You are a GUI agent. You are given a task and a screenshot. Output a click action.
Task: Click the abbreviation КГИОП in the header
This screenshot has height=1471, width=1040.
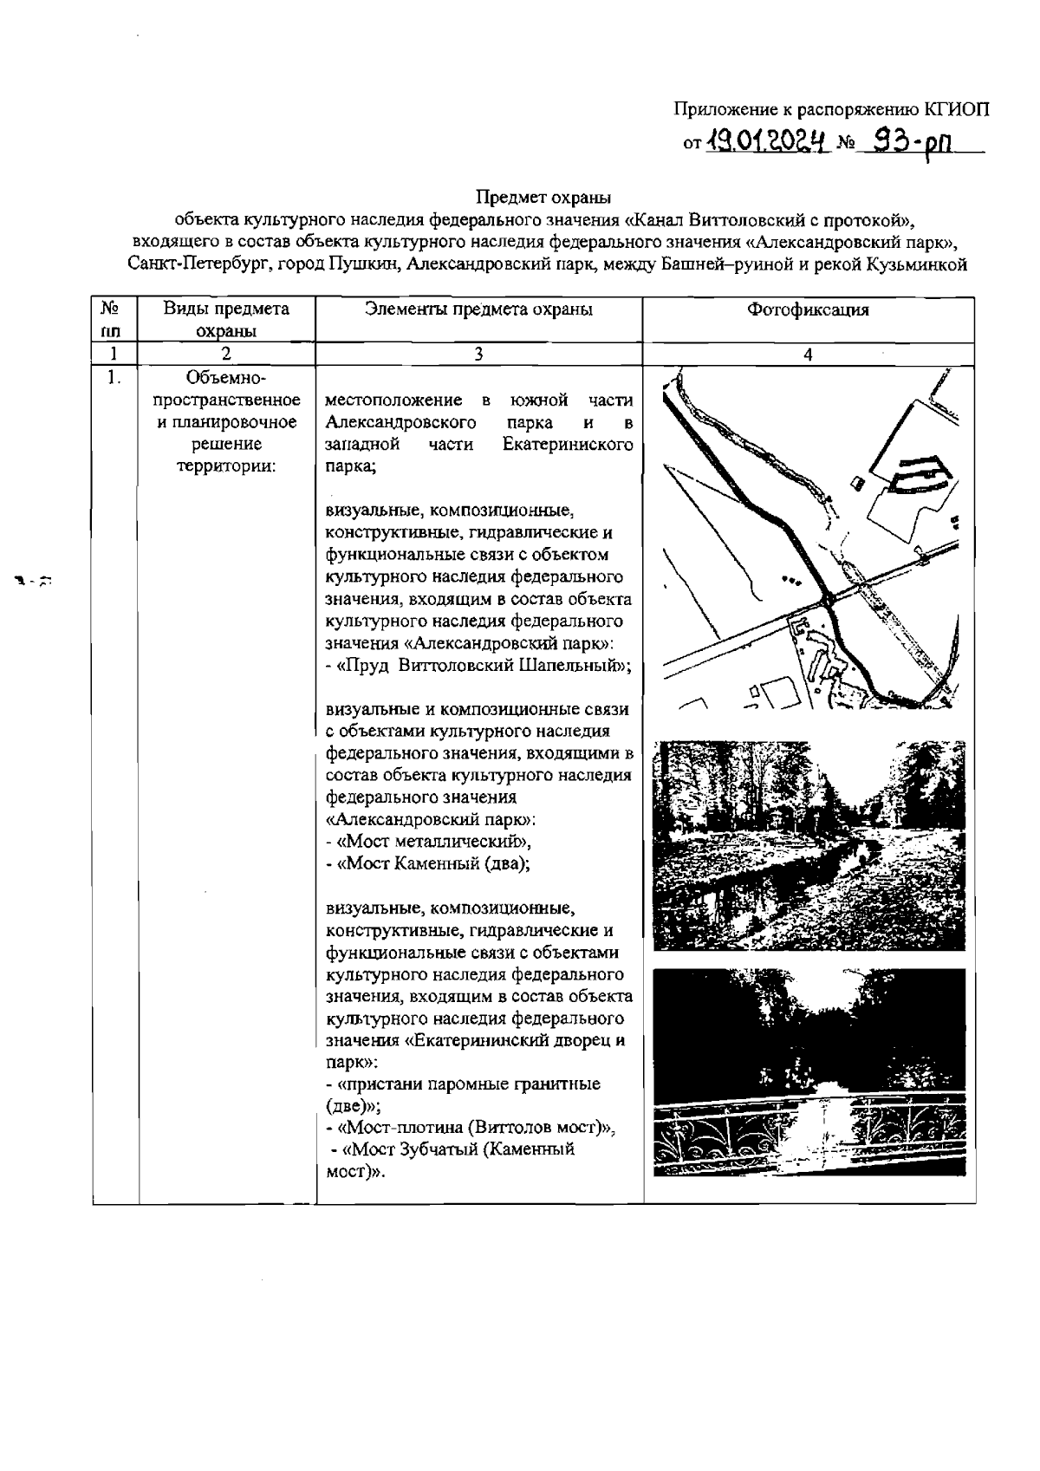(x=956, y=109)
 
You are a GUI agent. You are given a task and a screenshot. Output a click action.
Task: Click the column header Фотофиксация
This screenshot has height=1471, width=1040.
(x=808, y=309)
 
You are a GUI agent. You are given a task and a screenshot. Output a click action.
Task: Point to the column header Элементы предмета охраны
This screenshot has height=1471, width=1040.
(x=478, y=309)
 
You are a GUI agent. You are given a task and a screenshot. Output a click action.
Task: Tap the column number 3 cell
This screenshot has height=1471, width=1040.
(x=478, y=354)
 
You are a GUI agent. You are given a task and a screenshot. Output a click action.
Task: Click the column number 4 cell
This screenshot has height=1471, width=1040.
(x=808, y=354)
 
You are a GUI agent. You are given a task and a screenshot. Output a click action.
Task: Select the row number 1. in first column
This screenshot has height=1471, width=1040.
(x=114, y=378)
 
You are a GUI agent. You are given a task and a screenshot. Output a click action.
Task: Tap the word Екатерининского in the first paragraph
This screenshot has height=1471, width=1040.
(x=567, y=445)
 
